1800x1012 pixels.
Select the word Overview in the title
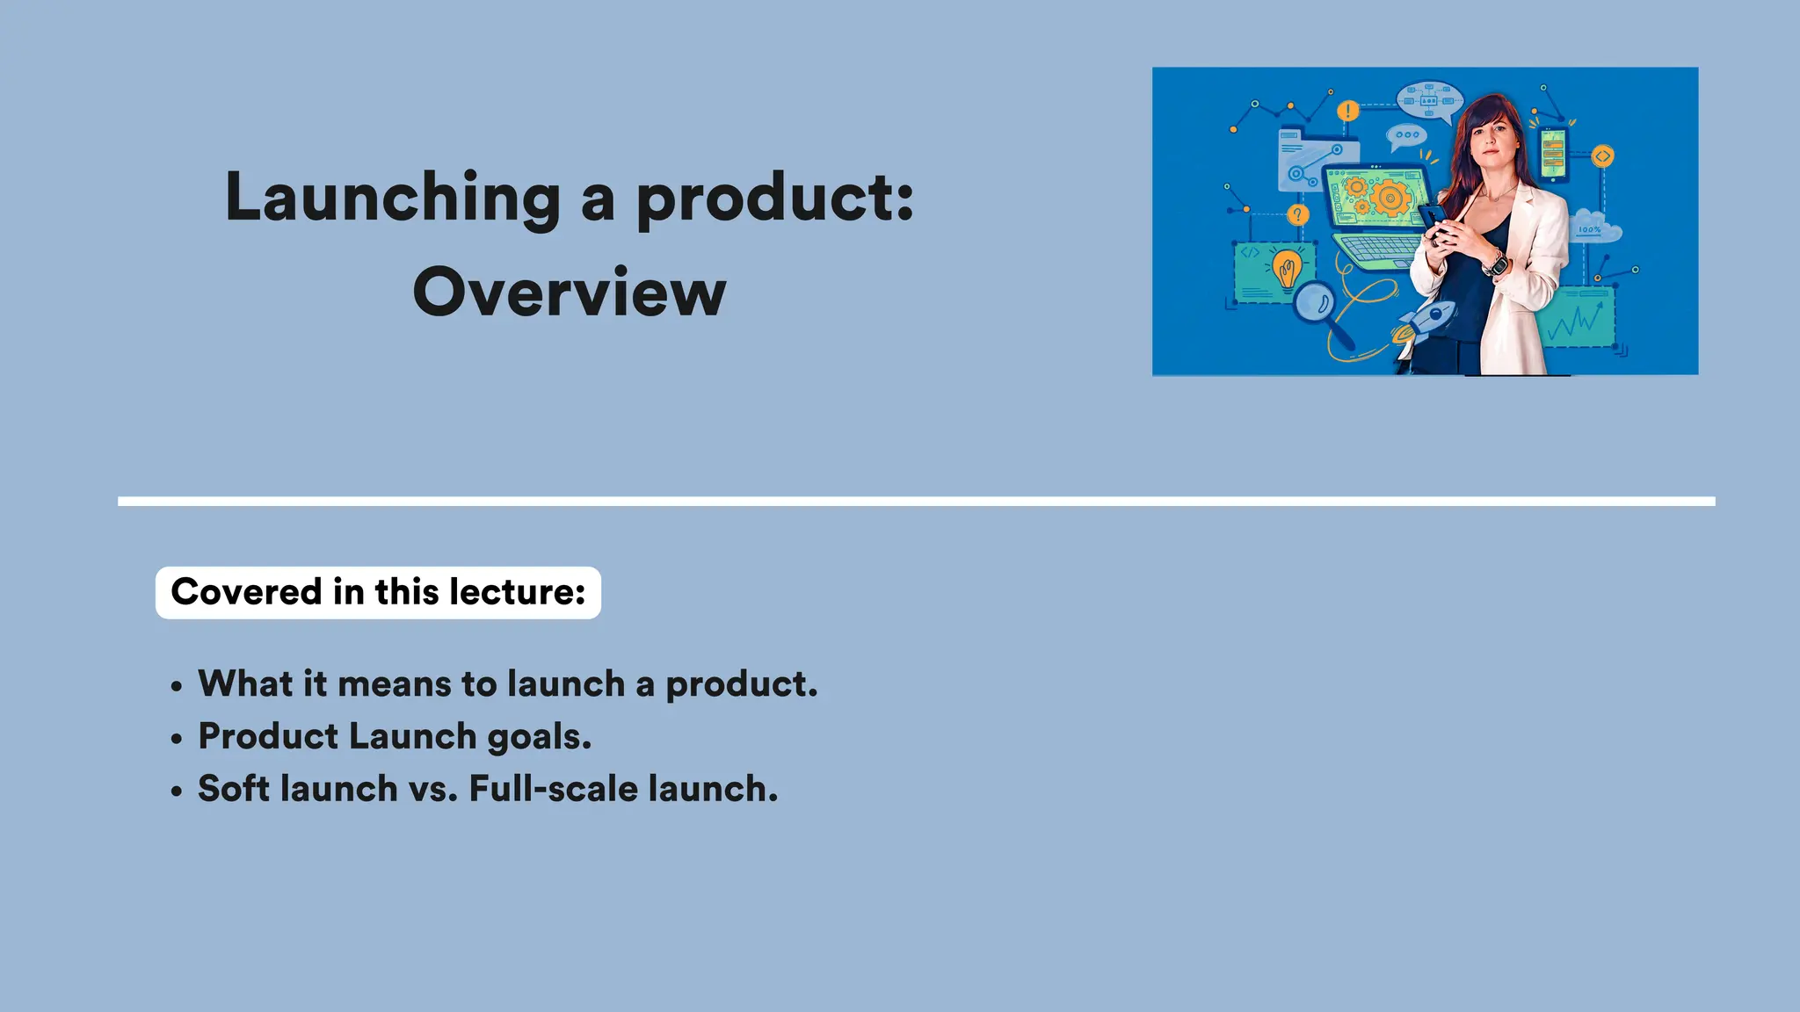pos(570,293)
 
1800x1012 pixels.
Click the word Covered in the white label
pos(246,592)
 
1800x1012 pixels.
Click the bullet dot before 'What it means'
pos(178,686)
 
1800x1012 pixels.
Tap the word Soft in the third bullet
pos(233,789)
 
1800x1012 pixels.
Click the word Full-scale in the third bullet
pos(553,789)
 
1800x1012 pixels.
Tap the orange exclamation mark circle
pos(1347,112)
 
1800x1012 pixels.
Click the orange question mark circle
pos(1297,215)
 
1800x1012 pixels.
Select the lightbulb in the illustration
pos(1287,269)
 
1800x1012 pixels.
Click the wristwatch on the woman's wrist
pos(1494,263)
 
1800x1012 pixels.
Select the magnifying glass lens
pos(1314,303)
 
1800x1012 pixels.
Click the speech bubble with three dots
pos(1407,136)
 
